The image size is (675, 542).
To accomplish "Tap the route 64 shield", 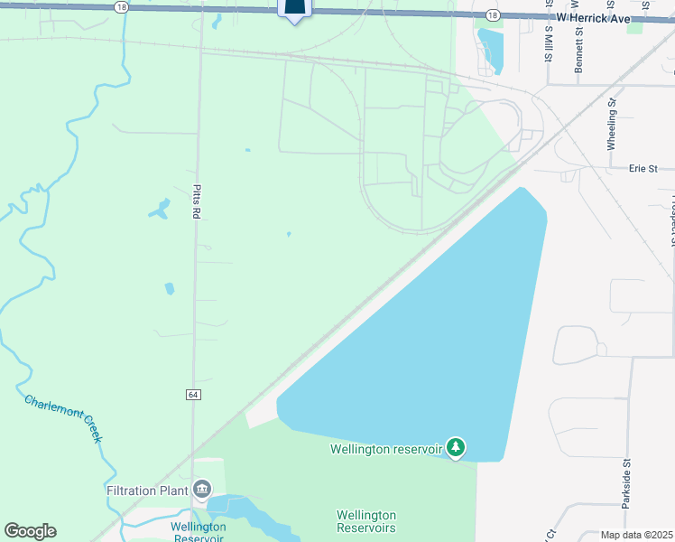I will click(x=194, y=395).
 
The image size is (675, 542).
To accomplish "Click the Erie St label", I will click(x=643, y=168).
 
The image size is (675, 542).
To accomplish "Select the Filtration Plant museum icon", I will click(x=202, y=491).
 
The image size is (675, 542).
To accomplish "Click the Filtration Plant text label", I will click(x=147, y=491).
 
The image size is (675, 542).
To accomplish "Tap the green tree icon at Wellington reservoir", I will click(x=457, y=447).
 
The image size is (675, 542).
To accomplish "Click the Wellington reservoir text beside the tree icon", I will click(x=385, y=449).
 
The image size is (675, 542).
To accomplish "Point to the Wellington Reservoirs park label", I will click(x=366, y=521).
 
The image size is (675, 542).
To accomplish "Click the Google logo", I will click(x=30, y=531).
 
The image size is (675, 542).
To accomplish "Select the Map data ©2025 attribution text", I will click(x=636, y=535).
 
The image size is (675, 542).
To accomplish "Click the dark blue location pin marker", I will click(x=295, y=9).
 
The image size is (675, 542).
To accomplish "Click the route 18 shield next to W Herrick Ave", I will click(x=491, y=15).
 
